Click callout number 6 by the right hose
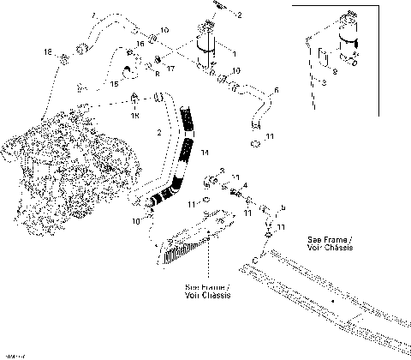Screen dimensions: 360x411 (x=275, y=91)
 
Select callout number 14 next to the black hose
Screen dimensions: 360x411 (x=204, y=152)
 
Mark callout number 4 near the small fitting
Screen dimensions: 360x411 (x=245, y=185)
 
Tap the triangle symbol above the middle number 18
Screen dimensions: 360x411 (x=134, y=95)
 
